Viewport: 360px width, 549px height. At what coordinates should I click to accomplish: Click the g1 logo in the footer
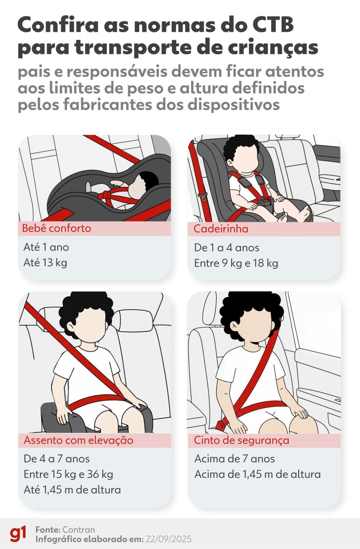[18, 534]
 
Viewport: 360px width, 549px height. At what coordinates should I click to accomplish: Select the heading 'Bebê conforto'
[57, 228]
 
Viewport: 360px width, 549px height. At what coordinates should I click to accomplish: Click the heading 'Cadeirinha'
[221, 229]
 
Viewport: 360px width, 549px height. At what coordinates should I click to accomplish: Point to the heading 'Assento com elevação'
[78, 440]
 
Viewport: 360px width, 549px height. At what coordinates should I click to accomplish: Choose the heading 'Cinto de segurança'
[241, 440]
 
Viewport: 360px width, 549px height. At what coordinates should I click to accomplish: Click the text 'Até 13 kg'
[45, 263]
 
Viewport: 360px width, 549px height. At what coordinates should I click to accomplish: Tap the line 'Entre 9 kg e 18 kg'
[236, 263]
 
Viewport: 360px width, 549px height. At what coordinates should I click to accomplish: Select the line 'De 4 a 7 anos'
[57, 459]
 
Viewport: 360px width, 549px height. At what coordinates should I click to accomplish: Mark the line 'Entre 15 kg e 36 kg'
[68, 474]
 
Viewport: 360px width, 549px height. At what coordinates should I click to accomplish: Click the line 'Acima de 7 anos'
[234, 459]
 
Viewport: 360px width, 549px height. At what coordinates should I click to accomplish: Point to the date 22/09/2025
[169, 539]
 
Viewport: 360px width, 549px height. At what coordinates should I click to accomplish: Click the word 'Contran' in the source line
[78, 530]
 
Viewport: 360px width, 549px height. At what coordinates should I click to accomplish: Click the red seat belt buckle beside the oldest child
[221, 426]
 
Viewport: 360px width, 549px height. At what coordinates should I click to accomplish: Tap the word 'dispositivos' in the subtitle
[234, 105]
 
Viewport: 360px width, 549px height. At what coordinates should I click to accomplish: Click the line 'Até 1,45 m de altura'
[72, 490]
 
